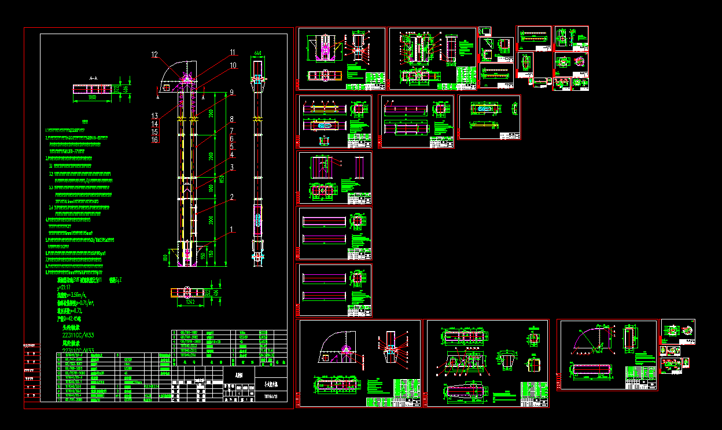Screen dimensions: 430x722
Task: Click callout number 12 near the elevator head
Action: click(154, 55)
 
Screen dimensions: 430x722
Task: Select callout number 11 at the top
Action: click(233, 52)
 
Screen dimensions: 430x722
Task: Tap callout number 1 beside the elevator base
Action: click(232, 229)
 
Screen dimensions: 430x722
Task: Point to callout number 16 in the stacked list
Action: click(154, 139)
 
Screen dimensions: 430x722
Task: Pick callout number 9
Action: click(231, 92)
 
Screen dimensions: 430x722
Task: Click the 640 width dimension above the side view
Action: click(257, 53)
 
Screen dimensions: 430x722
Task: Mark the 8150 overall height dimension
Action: click(221, 179)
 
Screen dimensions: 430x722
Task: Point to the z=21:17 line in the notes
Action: click(64, 288)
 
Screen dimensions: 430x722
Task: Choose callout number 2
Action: click(232, 197)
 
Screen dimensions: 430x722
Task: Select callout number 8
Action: click(231, 119)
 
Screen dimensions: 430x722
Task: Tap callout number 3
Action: click(231, 167)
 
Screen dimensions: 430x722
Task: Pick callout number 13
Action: click(154, 116)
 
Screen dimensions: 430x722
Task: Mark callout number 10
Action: click(233, 65)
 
